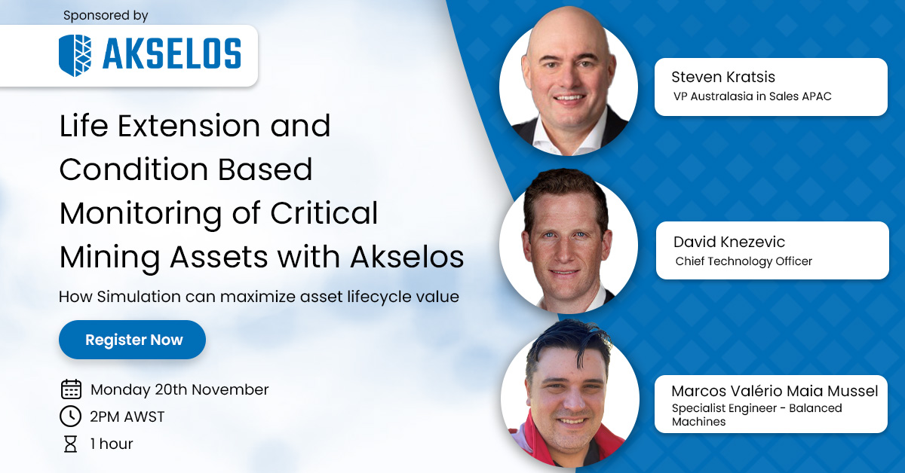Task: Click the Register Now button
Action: tap(133, 340)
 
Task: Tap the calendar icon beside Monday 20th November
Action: tap(71, 389)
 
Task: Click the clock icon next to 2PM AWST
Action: tap(71, 417)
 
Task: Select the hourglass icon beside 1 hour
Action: tap(71, 444)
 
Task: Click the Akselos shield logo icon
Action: tap(75, 55)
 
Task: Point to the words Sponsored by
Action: tap(106, 15)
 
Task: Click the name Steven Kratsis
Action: tap(723, 77)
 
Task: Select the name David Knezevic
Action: tap(729, 242)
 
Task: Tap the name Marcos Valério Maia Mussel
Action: tap(775, 391)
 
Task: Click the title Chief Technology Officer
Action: tap(744, 261)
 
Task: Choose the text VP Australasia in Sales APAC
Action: tap(751, 96)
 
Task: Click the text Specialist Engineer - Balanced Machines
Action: tap(756, 415)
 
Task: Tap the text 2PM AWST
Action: tap(127, 417)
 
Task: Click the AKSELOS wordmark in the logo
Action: tap(171, 55)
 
